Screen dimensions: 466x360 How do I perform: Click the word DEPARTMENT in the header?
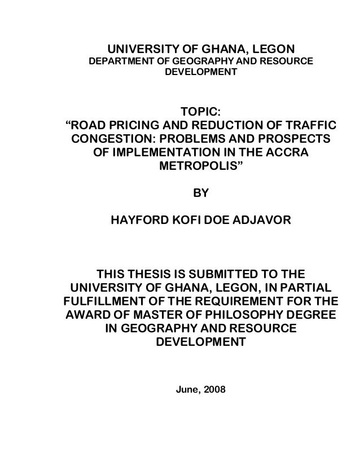118,61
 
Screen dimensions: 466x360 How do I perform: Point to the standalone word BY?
201,195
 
